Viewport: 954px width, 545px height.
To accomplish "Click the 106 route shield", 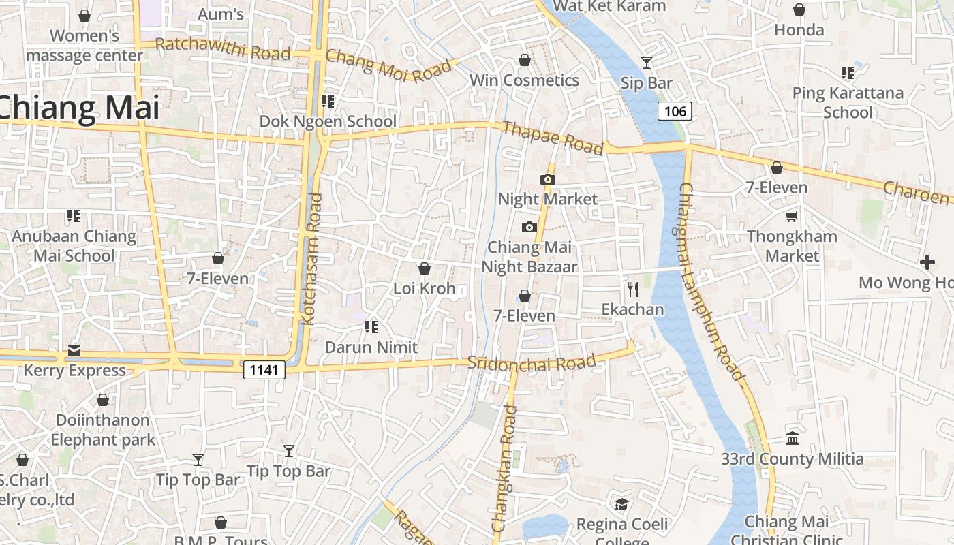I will pos(675,111).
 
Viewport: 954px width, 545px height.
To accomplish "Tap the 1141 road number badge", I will pos(264,369).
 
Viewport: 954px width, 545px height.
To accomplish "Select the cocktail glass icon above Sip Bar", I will pos(647,63).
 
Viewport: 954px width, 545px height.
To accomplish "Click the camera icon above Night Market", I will pos(547,179).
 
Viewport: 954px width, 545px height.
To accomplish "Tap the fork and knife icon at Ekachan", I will pos(633,290).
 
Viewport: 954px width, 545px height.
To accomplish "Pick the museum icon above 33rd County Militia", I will pos(792,438).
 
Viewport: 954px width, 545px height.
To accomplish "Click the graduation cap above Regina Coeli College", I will pos(621,504).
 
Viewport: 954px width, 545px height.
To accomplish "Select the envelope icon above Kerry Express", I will pos(74,351).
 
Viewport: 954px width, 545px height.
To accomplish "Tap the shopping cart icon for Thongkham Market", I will pos(791,216).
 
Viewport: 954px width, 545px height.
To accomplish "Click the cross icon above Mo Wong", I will pos(927,262).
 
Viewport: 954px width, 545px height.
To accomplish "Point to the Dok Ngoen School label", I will pos(328,121).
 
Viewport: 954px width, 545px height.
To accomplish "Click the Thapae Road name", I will pos(553,138).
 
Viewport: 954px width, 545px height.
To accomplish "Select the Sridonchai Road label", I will pos(532,362).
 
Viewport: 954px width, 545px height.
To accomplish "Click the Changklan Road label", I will pos(505,469).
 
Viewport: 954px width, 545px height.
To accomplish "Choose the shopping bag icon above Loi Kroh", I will pos(424,268).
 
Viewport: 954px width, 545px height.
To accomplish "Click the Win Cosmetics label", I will pos(524,80).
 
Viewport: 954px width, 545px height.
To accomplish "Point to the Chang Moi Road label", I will pos(388,65).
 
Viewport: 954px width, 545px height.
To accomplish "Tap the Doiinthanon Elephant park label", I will pos(103,429).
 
